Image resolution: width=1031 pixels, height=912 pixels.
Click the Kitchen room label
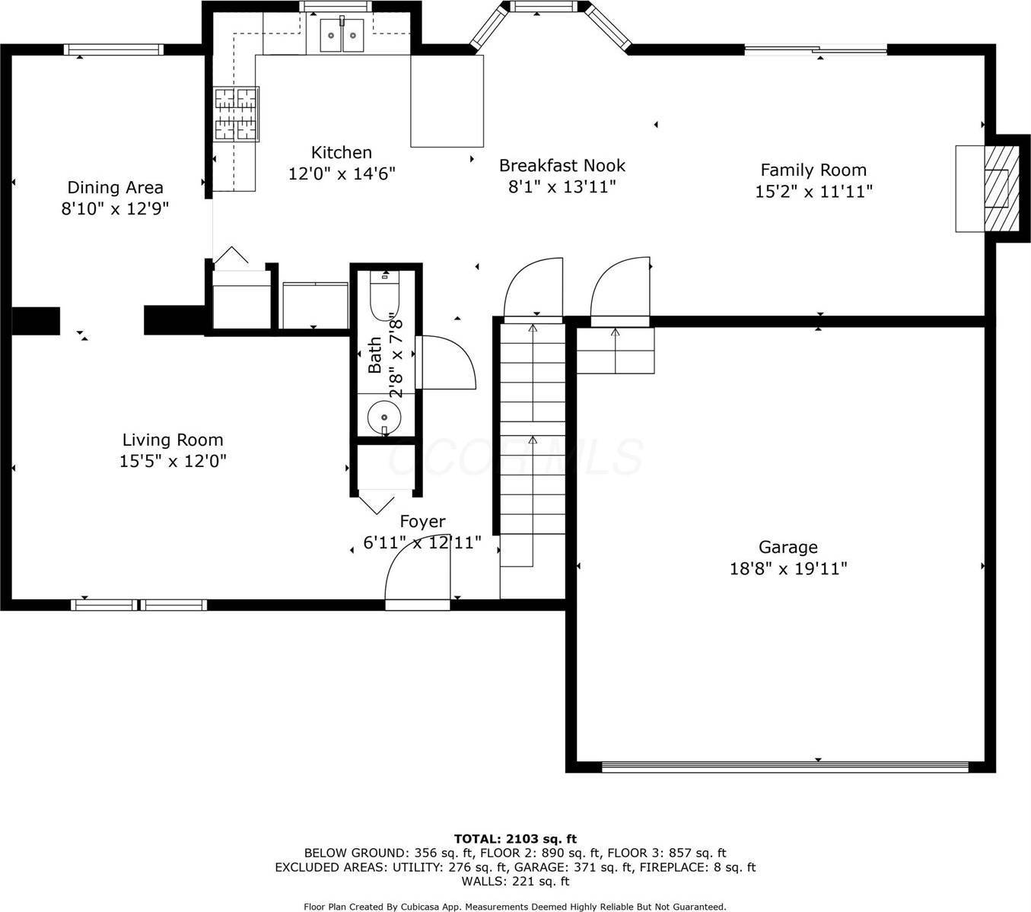click(341, 152)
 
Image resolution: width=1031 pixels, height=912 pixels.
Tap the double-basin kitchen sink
click(342, 34)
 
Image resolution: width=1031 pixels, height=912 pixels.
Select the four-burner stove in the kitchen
click(236, 114)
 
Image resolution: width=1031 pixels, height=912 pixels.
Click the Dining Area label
click(115, 187)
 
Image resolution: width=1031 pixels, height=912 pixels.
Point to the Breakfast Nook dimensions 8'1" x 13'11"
click(562, 186)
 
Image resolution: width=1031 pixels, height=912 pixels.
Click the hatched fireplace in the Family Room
click(1001, 188)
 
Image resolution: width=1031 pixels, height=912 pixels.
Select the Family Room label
click(813, 170)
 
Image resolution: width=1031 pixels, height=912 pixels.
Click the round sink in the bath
click(384, 417)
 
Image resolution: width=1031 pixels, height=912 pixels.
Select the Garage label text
click(788, 547)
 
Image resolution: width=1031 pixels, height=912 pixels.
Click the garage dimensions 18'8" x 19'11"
click(788, 568)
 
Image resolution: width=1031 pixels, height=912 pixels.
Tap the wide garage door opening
click(784, 767)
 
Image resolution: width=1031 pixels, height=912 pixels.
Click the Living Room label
click(173, 440)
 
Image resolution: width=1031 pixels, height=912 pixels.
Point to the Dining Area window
click(113, 50)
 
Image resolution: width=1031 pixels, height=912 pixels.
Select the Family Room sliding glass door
click(816, 50)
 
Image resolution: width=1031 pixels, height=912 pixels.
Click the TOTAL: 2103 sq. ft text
click(515, 839)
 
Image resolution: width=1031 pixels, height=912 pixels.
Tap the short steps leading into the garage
click(615, 350)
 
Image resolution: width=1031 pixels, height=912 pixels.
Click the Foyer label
click(422, 521)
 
